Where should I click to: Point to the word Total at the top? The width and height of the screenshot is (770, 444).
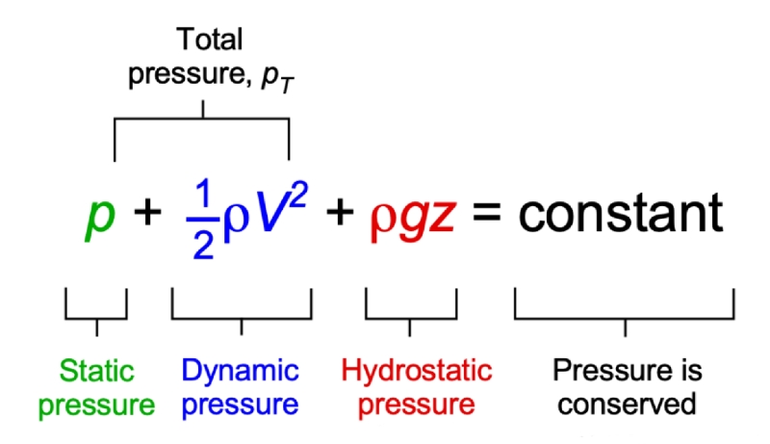[209, 40]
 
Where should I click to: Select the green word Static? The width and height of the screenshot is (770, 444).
[97, 371]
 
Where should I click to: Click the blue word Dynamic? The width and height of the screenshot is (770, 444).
[241, 371]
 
